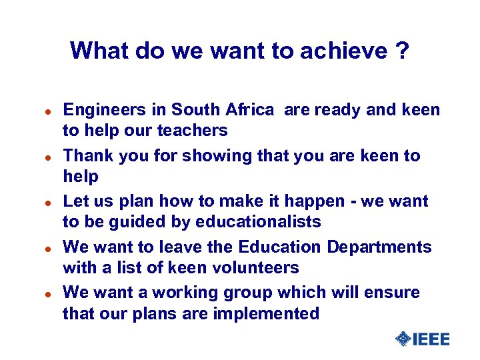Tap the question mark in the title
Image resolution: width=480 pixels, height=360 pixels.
(x=402, y=51)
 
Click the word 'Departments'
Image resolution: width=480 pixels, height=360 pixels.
(x=379, y=247)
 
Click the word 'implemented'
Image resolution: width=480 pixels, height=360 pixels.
(x=266, y=313)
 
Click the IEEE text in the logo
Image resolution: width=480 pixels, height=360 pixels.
(x=431, y=339)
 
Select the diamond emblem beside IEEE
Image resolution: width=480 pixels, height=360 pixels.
(x=403, y=339)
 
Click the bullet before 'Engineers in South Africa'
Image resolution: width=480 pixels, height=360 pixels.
(x=41, y=111)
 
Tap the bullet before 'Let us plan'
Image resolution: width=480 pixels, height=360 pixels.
(x=41, y=202)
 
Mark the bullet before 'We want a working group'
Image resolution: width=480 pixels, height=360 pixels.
(x=41, y=293)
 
